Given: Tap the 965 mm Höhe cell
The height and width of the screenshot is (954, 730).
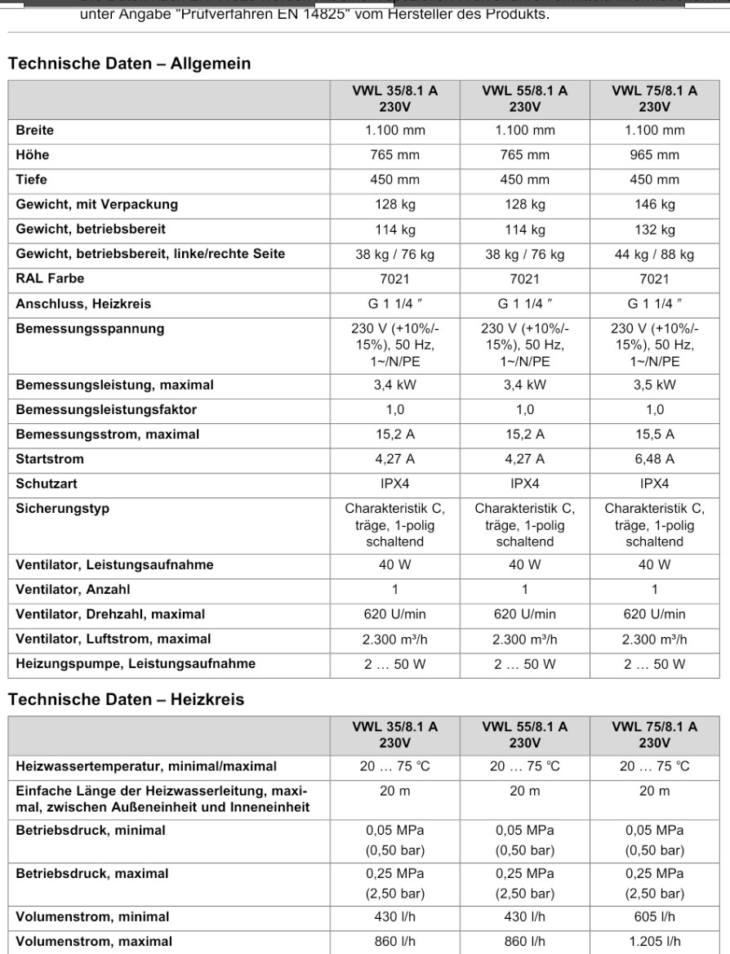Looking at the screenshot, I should point(655,155).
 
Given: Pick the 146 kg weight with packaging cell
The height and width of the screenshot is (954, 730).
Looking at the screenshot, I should point(655,204).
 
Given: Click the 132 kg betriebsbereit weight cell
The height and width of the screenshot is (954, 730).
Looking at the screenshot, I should point(655,230).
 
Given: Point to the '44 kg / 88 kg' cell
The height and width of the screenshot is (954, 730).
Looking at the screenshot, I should point(655,254).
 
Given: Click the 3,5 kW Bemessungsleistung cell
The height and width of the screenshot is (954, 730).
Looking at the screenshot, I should point(655,385).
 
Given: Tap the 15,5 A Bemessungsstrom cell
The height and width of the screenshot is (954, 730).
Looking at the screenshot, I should point(655,435).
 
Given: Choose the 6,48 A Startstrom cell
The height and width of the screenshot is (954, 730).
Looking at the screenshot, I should point(655,459).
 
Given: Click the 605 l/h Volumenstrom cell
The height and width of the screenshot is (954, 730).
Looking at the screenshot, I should point(655,916).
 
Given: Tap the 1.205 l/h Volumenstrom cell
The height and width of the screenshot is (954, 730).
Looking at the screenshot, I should point(655,940).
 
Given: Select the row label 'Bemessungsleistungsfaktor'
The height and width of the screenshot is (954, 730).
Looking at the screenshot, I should point(96,409).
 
